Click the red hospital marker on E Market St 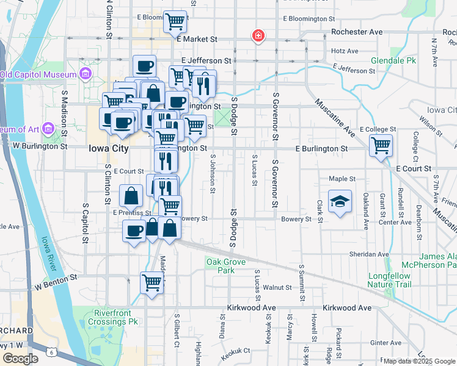258,37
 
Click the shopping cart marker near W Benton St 152,282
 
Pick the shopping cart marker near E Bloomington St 175,22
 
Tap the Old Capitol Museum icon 85,74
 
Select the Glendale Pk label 393,60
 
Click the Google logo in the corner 21,359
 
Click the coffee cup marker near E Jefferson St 145,65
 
